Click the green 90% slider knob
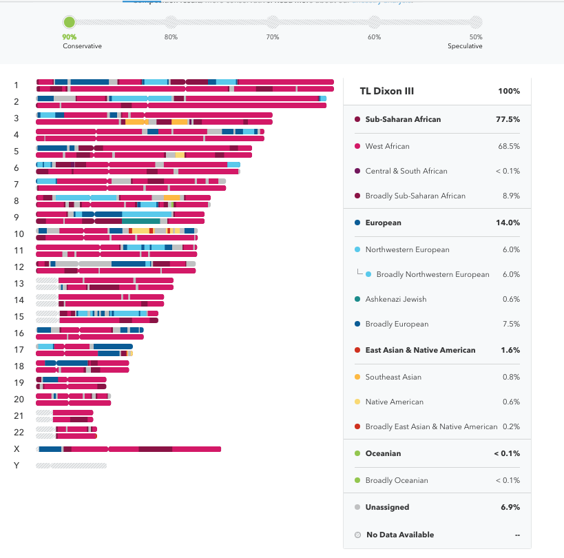pyautogui.click(x=70, y=23)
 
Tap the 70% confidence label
pyautogui.click(x=273, y=37)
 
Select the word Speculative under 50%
pyautogui.click(x=465, y=46)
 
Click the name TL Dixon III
pyautogui.click(x=387, y=91)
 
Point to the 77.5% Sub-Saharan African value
pyautogui.click(x=508, y=119)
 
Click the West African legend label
pyautogui.click(x=387, y=146)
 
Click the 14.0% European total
pyautogui.click(x=508, y=223)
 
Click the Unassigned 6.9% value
pyautogui.click(x=511, y=507)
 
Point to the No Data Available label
pyautogui.click(x=399, y=535)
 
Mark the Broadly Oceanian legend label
pyautogui.click(x=397, y=480)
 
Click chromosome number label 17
pyautogui.click(x=19, y=349)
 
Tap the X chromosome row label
pyautogui.click(x=17, y=448)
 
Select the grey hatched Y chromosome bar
pyautogui.click(x=72, y=466)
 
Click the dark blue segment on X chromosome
pyautogui.click(x=50, y=449)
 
